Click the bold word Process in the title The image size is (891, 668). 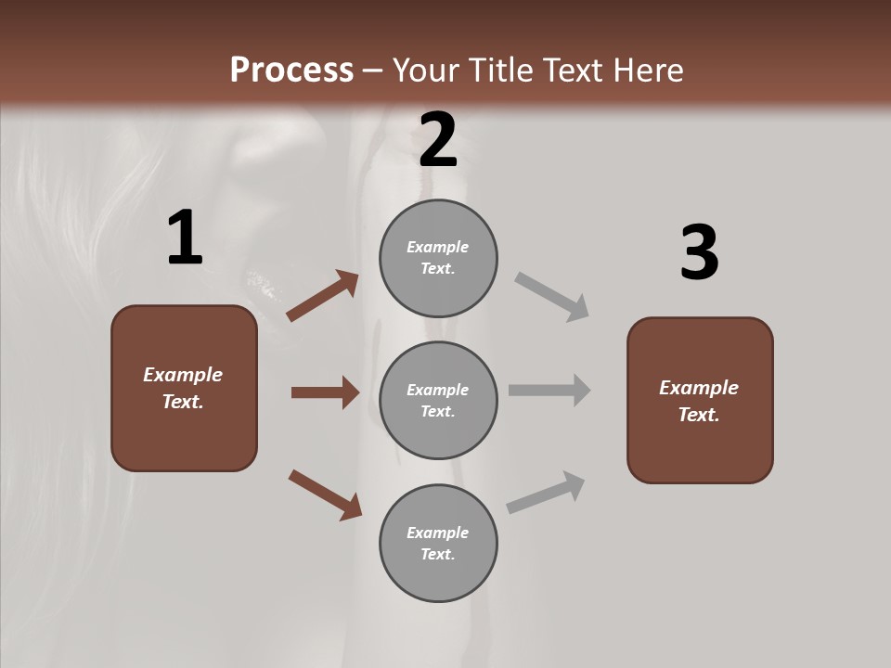click(291, 71)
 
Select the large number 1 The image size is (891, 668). click(185, 238)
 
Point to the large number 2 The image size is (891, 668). click(438, 140)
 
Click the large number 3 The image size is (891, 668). click(699, 252)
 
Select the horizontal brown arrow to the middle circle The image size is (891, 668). click(325, 392)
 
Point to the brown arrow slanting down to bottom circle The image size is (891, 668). click(325, 494)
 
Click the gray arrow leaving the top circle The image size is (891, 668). click(552, 297)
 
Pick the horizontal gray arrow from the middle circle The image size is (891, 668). click(549, 391)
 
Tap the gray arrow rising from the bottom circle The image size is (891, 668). click(546, 492)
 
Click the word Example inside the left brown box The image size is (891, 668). click(183, 375)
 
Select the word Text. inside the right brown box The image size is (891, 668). click(699, 415)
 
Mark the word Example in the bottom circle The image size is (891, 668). click(437, 533)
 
